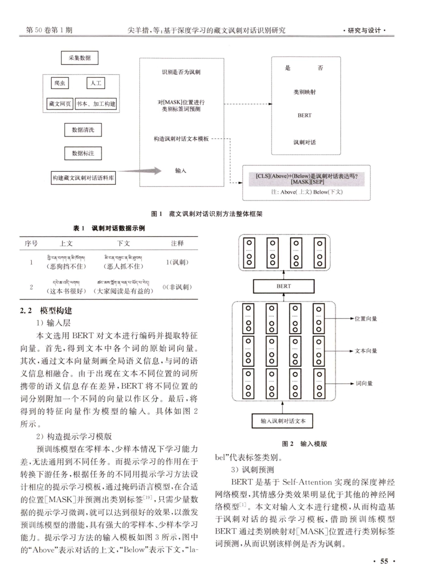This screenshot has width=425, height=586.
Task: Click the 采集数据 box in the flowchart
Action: (x=80, y=58)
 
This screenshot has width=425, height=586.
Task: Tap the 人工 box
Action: (x=96, y=83)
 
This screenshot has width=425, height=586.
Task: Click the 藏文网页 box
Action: (x=60, y=104)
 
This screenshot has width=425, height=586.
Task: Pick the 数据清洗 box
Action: (x=83, y=130)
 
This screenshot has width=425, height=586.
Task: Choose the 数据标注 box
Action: (x=83, y=153)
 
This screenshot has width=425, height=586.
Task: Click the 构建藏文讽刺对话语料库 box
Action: (x=83, y=178)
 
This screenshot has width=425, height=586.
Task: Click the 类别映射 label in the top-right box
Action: (x=304, y=92)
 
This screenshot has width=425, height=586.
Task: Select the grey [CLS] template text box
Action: (x=307, y=179)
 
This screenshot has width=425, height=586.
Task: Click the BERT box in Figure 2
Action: (x=283, y=286)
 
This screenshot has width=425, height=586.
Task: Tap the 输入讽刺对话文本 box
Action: (x=283, y=421)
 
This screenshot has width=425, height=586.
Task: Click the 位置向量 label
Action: (x=365, y=319)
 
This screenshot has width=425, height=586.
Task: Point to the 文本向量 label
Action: (x=365, y=351)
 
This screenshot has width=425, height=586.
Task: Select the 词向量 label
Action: (x=364, y=384)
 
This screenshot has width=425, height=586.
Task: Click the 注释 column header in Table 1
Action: (x=177, y=243)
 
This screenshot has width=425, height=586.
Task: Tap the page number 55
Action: (x=384, y=561)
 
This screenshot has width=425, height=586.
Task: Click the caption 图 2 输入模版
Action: (x=304, y=444)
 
